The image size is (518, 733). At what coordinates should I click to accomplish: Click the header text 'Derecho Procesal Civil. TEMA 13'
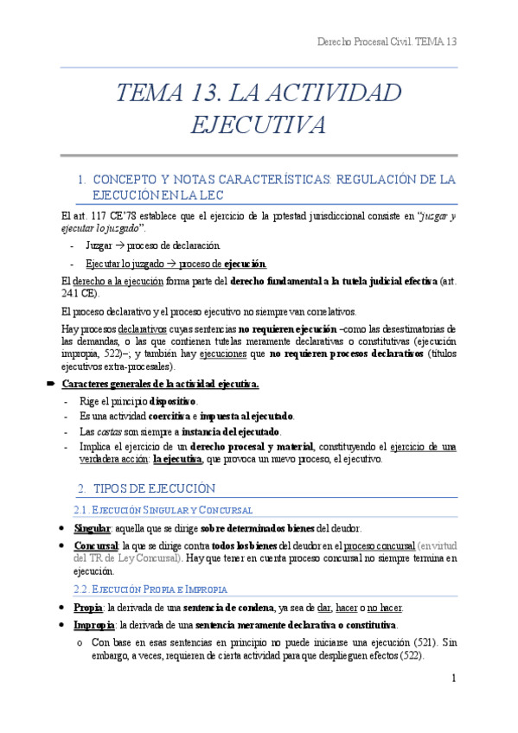coord(387,41)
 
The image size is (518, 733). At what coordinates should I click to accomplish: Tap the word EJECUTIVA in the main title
coord(259,125)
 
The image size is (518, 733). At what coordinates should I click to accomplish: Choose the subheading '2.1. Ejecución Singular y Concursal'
coord(166,510)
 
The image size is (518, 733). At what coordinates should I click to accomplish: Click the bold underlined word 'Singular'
coord(93,528)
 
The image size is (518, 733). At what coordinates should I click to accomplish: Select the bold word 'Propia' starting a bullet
coord(88,607)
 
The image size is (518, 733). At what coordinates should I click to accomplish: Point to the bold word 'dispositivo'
coord(173,400)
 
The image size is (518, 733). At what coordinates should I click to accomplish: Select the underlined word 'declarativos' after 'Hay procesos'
coord(144,328)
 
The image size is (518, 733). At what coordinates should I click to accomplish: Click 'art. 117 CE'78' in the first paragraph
coord(96,215)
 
